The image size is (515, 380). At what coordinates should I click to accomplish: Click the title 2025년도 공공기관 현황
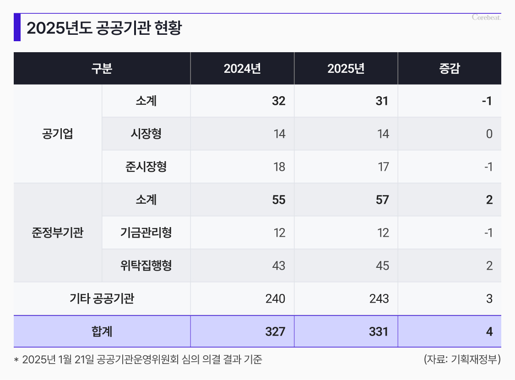104,28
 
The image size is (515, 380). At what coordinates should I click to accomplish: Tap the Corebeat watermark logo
486,17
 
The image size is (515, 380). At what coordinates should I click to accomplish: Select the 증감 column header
449,69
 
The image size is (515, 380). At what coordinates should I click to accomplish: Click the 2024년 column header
242,69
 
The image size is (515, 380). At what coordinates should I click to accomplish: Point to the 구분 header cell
102,69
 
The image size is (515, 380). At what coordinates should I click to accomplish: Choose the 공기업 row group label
57,134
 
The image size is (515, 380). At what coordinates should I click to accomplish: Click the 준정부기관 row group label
57,233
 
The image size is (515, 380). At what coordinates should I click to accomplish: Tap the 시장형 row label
146,134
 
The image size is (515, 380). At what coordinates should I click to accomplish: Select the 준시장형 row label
146,167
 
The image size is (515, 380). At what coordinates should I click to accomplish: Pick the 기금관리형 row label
146,233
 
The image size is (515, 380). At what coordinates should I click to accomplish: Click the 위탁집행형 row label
146,266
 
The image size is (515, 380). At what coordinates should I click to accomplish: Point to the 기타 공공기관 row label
102,299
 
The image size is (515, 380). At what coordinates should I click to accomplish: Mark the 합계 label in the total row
102,331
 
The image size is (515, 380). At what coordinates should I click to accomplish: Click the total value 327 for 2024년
275,331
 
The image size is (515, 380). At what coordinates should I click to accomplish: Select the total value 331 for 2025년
379,331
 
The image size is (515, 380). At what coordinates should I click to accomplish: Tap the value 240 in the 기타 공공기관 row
275,299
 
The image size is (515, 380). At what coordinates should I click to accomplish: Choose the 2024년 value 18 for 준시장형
279,167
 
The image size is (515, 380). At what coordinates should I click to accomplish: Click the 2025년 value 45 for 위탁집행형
382,266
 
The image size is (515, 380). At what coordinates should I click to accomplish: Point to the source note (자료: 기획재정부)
462,359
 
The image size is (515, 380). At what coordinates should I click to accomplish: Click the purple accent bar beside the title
17,27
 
